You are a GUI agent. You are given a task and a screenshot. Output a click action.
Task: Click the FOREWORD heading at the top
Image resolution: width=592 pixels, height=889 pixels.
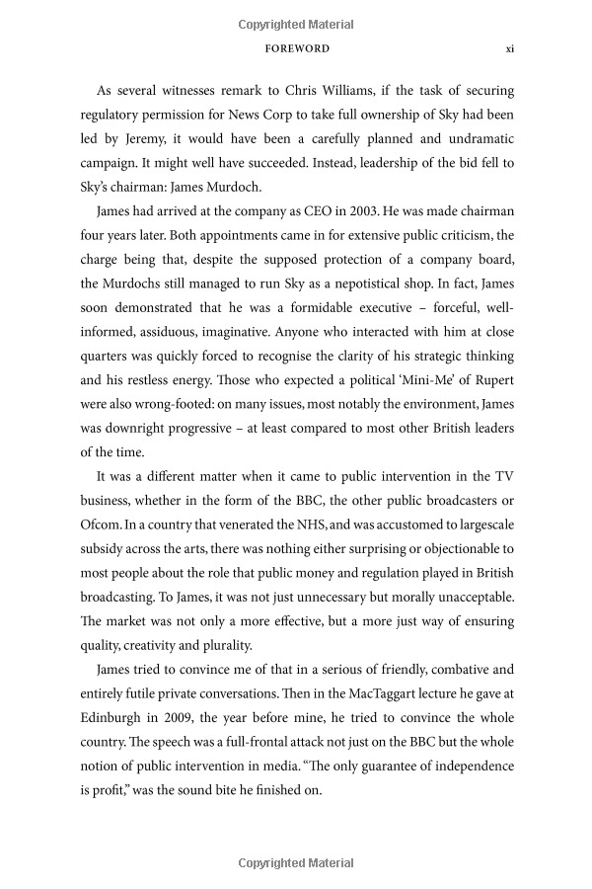tap(297, 47)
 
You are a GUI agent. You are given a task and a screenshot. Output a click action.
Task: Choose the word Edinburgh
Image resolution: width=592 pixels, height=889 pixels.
tap(117, 717)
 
